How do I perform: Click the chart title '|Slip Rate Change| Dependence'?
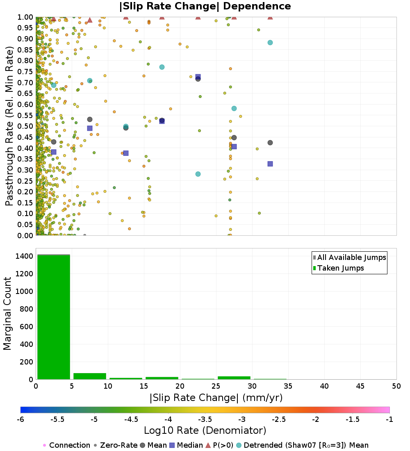coord(205,6)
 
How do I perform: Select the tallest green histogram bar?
coord(54,317)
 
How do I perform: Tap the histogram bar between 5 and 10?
coord(90,376)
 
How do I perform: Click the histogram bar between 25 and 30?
coord(234,378)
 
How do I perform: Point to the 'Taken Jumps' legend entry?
coord(338,268)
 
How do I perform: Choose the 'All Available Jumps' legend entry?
coord(350,257)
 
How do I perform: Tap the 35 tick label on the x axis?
coord(288,386)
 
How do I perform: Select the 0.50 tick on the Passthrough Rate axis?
coord(25,126)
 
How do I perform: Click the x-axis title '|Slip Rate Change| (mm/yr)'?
coord(216,398)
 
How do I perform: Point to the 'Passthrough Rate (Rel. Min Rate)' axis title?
coord(9,126)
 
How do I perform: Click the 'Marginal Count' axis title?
coord(7,314)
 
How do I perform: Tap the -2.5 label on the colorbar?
coord(279,419)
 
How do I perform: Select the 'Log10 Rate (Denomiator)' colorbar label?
coord(205,430)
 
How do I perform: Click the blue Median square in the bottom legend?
coord(172,445)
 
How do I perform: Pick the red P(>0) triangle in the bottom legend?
coord(208,445)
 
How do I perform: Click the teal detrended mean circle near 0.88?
coord(270,43)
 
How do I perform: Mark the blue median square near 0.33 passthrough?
coord(270,164)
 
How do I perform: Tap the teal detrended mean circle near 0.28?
coord(198,174)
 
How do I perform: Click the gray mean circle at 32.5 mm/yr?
coord(270,143)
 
